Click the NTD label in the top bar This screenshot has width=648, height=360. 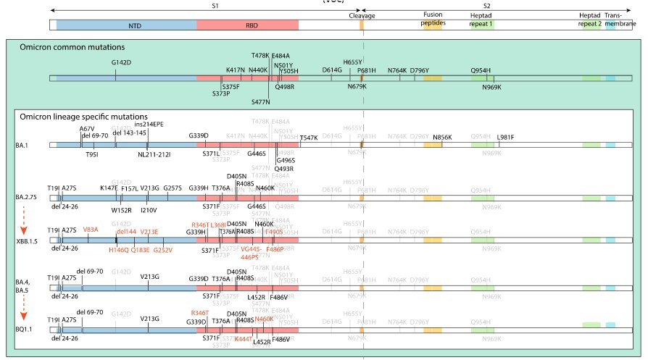click(135, 25)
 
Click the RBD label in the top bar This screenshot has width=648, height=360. click(252, 25)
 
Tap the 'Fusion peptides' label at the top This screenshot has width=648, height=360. click(433, 18)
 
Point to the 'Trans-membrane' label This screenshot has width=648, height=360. click(612, 18)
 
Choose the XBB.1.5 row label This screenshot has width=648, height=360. click(28, 239)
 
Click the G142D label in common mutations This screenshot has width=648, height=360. click(122, 62)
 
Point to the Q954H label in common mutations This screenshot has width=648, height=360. click(481, 70)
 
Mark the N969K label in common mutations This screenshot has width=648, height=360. click(491, 88)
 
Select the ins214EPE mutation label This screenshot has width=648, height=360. click(149, 124)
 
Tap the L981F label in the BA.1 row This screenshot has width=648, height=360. click(505, 137)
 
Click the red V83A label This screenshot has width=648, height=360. click(91, 230)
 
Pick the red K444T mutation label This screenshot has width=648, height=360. click(243, 338)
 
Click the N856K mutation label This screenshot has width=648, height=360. click(442, 137)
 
